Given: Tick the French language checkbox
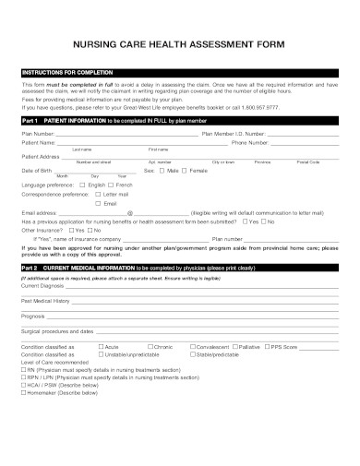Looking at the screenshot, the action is pos(113,184).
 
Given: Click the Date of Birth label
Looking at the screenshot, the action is pos(36,171).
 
